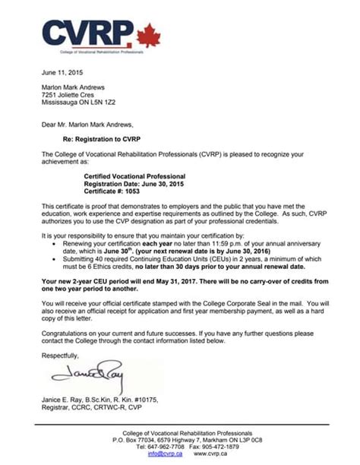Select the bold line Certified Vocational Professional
[x=134, y=175]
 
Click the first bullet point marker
[x=52, y=245]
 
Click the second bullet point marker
[x=52, y=261]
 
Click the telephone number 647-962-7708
[x=159, y=447]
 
